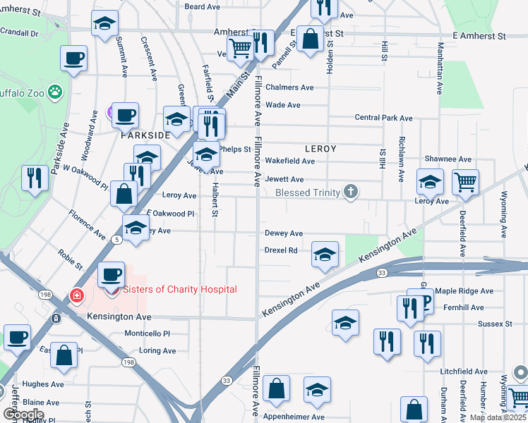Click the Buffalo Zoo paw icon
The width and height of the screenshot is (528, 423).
point(55,92)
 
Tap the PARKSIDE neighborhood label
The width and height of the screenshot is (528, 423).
point(145,135)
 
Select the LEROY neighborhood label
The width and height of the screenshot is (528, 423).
point(320,149)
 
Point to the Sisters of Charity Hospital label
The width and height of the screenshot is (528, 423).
point(180,289)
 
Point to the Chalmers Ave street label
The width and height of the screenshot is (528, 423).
point(289,87)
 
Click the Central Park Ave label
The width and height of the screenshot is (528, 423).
point(383,118)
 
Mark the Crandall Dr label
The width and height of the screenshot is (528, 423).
point(19,32)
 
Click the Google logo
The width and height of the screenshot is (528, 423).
point(23,414)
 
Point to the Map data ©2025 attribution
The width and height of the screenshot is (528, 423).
point(497,417)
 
